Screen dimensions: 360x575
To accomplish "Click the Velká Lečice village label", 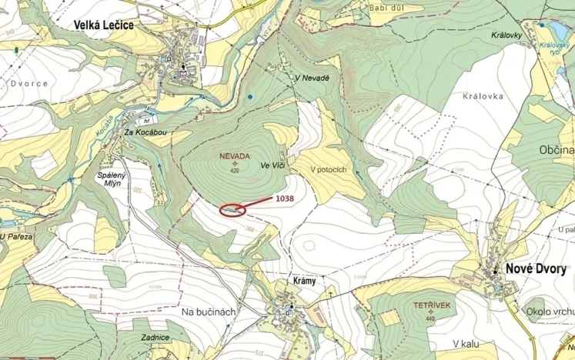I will coord(103,25).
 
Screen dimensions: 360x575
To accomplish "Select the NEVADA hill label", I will coord(235,155).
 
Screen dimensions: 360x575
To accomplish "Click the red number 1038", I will coord(285,198).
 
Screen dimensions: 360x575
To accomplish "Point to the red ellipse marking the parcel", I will coord(233,208).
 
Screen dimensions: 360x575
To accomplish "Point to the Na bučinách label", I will coord(209,312).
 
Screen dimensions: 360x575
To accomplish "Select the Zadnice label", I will coord(155,337).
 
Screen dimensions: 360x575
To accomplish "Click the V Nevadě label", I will coord(311,78).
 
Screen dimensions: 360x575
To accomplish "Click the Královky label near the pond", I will coord(508,35).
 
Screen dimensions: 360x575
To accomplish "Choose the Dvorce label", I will coord(29,83).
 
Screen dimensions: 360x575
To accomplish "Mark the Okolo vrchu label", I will coord(548,310).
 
